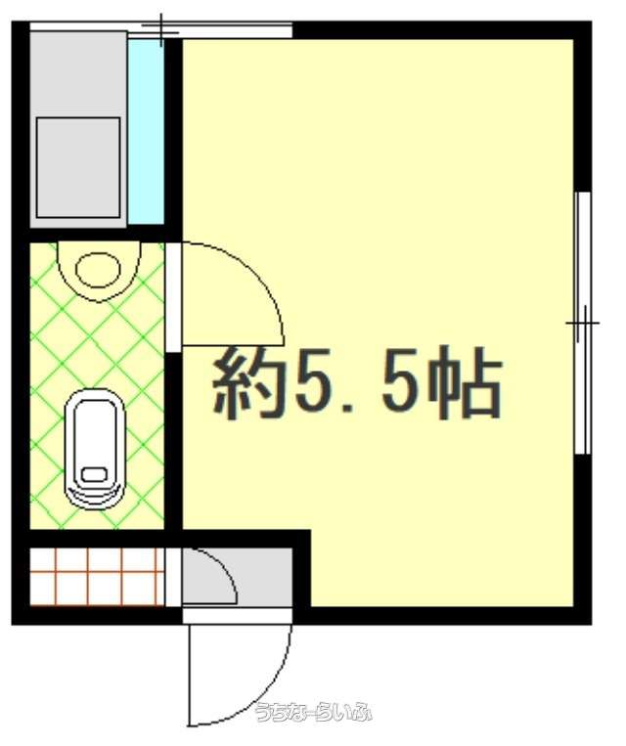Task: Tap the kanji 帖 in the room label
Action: (465, 383)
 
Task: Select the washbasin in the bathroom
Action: (99, 271)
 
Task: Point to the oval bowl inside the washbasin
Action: (98, 270)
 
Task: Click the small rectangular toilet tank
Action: (94, 475)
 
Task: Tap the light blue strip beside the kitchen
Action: (146, 132)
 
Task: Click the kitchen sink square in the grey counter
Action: (78, 167)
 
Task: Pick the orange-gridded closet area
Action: (97, 577)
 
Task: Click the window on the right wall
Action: (583, 323)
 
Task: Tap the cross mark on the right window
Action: (583, 323)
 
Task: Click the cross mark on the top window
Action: (161, 32)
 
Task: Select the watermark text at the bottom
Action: (313, 712)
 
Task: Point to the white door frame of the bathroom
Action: (174, 297)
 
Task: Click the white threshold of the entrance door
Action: (237, 616)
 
